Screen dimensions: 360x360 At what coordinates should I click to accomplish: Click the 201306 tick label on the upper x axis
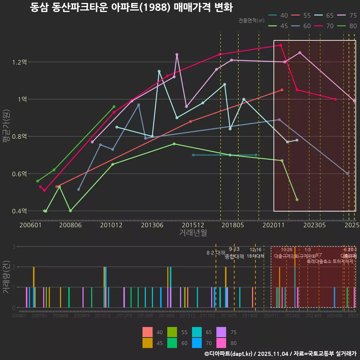tap(152, 225)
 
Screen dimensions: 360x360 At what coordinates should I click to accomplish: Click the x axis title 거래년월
tap(193, 233)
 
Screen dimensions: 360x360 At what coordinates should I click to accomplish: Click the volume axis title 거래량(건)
tap(6, 278)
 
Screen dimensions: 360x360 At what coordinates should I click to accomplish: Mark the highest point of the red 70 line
tap(280, 45)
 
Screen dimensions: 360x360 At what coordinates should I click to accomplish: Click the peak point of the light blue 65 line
tap(159, 71)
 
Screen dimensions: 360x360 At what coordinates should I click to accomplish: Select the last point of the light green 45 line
tap(297, 199)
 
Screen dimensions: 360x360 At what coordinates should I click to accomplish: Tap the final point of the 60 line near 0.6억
tap(347, 174)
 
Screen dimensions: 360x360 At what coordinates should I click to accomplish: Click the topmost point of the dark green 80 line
tap(114, 106)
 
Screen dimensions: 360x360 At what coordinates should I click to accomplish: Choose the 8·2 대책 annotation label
tap(216, 253)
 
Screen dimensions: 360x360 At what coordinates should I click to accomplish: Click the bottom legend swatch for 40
tap(148, 332)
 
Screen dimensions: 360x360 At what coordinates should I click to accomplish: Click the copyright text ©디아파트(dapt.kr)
tap(228, 354)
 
